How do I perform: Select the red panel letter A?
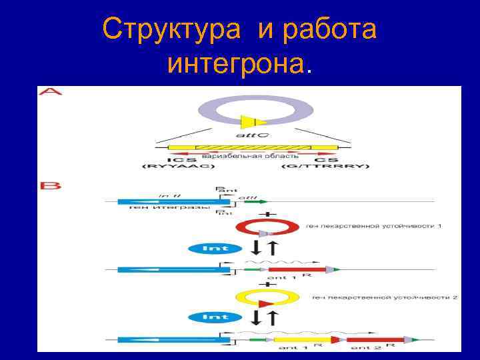click(51, 91)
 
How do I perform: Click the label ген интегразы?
click(155, 207)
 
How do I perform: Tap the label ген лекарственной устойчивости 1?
click(374, 227)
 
